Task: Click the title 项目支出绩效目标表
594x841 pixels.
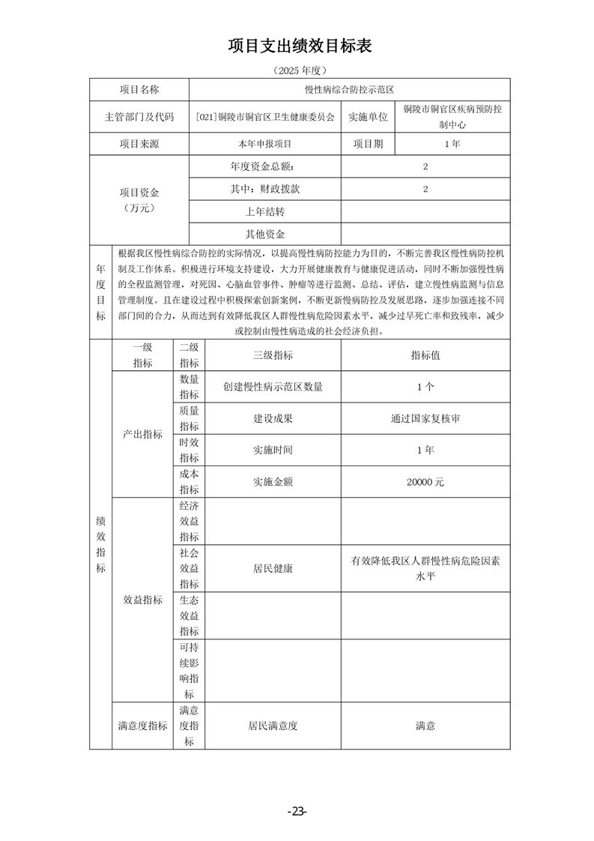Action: [x=300, y=46]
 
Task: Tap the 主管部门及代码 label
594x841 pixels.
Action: [x=139, y=117]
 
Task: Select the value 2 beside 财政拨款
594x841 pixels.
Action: [x=425, y=190]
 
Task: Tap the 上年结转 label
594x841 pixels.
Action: [x=265, y=212]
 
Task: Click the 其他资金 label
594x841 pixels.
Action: [x=265, y=235]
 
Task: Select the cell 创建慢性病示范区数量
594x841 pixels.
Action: [x=273, y=387]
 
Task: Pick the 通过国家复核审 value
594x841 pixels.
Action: [x=425, y=418]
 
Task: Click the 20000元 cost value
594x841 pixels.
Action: [x=425, y=482]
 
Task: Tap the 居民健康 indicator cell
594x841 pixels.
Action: [x=273, y=568]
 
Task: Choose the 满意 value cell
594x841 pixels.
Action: [x=425, y=726]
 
